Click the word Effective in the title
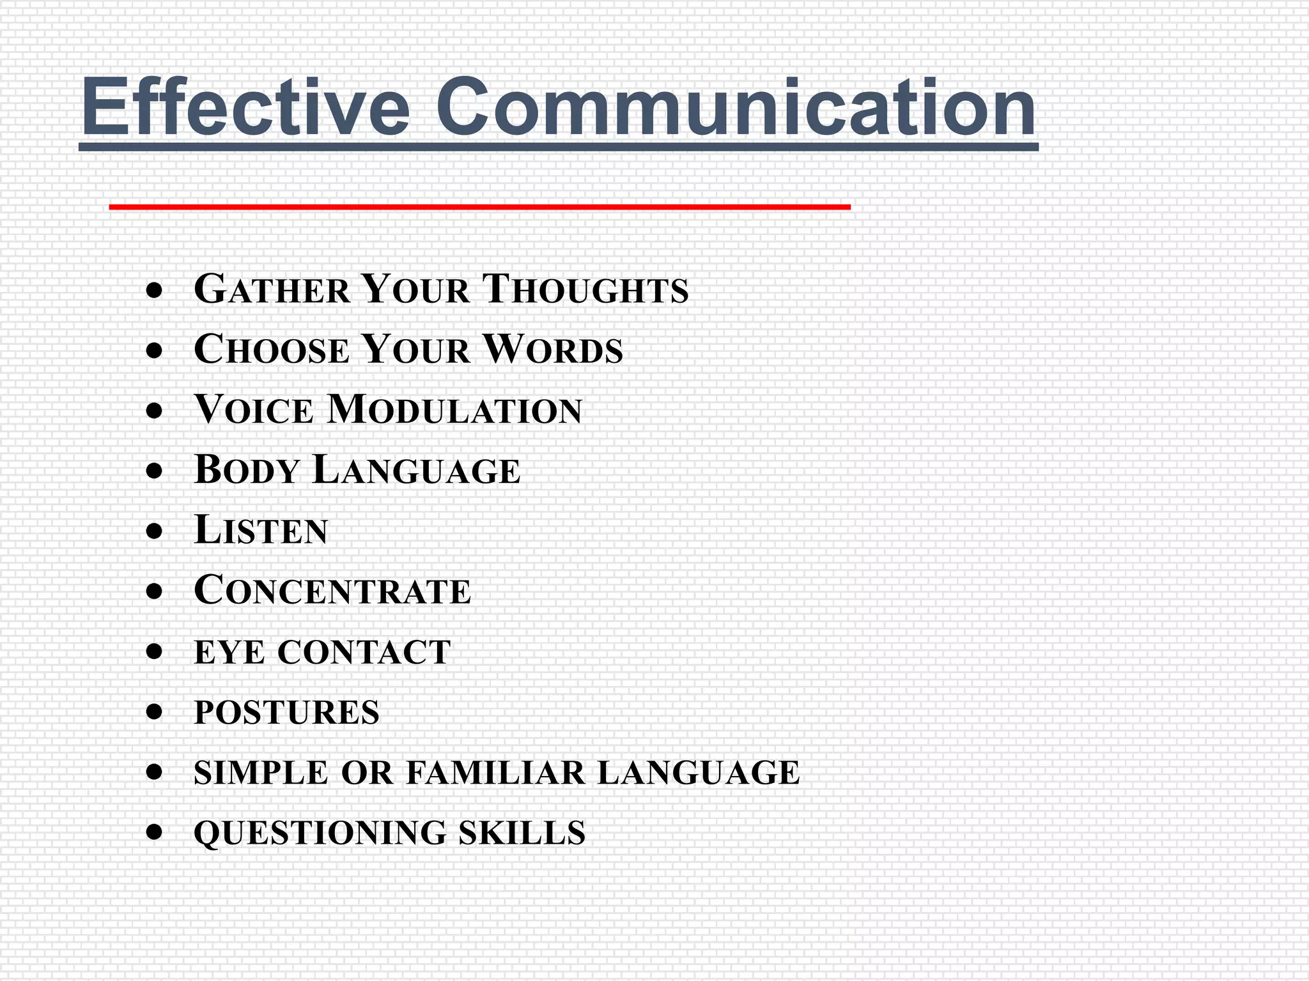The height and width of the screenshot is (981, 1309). pos(245,107)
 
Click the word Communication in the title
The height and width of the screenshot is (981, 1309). pos(736,107)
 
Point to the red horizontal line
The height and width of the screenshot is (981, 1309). pos(479,207)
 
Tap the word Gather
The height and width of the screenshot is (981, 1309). pos(272,289)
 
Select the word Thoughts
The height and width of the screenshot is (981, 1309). pos(585,289)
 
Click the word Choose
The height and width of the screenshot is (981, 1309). pos(272,350)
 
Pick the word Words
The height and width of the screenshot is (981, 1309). pos(552,350)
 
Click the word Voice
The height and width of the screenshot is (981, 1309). pos(254,409)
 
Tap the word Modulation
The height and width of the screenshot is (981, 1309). pos(454,409)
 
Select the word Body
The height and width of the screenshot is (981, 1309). pos(247,470)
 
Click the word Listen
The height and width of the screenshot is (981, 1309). pos(261,530)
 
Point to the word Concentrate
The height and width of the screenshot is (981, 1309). pos(332,590)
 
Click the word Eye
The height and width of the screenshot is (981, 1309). pos(229,652)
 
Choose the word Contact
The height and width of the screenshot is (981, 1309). pos(364,652)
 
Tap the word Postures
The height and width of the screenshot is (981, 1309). pos(286,712)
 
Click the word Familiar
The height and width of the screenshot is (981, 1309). pos(495,772)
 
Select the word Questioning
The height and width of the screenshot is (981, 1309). pos(320,833)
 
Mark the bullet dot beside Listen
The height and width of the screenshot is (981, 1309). pos(154,531)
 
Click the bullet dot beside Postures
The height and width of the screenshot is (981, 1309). pos(154,711)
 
